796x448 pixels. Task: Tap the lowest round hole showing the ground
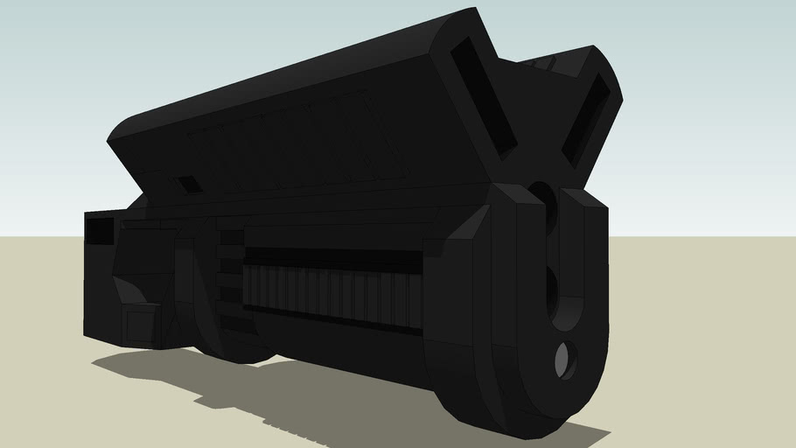(x=566, y=359)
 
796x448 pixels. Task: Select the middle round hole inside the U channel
(x=553, y=293)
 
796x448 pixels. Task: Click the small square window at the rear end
(x=100, y=230)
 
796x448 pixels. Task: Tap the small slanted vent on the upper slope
(x=188, y=185)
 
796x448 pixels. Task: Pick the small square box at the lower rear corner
(x=140, y=324)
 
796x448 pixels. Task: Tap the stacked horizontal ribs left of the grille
(x=228, y=271)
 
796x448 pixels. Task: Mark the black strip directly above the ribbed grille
(x=332, y=257)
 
